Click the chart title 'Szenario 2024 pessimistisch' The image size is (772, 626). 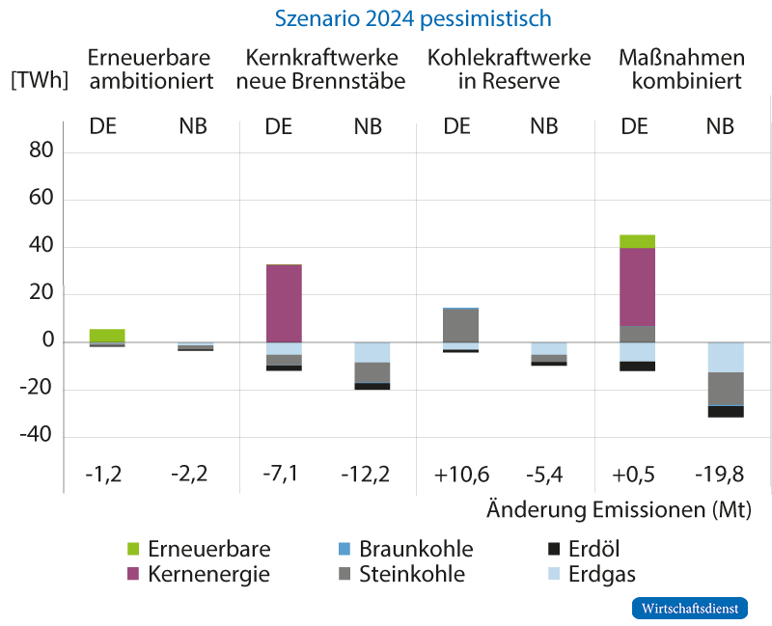(412, 18)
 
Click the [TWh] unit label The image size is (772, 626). (39, 80)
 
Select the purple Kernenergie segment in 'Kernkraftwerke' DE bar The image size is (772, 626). (284, 303)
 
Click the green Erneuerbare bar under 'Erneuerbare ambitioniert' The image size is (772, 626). (107, 336)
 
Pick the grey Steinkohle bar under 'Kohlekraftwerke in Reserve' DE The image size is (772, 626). (460, 325)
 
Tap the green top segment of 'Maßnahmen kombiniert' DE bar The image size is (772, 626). (637, 241)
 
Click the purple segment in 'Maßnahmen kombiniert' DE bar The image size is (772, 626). (637, 286)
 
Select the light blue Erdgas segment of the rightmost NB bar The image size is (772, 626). (725, 357)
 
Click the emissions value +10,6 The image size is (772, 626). (460, 474)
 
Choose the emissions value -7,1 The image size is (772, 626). (284, 474)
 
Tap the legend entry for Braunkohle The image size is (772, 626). (415, 550)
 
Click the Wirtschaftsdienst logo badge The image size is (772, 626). (689, 609)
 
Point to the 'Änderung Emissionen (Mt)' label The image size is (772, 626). (618, 508)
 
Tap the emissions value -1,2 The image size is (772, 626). (107, 474)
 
